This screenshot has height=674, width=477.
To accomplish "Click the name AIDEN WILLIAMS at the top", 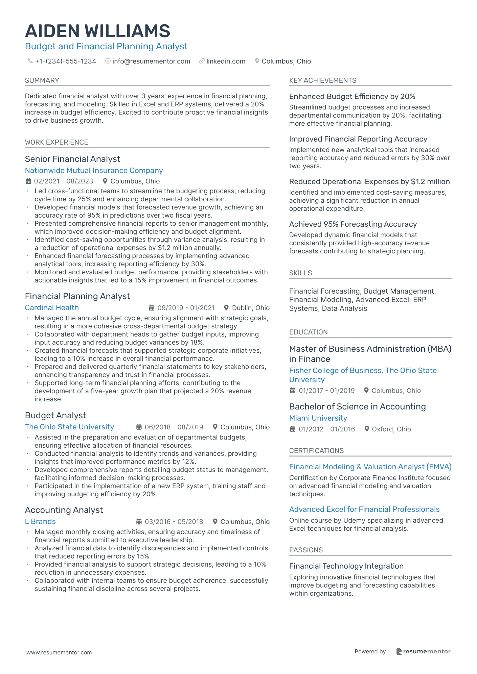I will pos(97,31).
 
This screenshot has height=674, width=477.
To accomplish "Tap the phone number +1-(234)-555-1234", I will pos(65,61).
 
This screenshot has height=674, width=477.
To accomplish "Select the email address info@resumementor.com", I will pos(151,61).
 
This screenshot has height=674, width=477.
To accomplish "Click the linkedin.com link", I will pos(226,61).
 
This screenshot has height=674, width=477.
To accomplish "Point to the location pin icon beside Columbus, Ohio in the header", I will pos(257,61).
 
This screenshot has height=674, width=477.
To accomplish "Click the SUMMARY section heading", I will pos(42,80).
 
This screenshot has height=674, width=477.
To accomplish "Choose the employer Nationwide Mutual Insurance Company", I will pos(94,171).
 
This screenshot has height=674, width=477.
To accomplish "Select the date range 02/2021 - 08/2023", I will pos(63,181).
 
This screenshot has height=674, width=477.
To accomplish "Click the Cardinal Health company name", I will pos(52,308).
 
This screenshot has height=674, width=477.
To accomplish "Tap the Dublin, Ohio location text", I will pos(251,308).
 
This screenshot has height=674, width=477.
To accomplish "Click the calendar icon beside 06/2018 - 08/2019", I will pos(139,427).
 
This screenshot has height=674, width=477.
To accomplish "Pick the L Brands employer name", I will pos(40,522).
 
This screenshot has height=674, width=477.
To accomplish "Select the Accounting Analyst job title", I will pos(64,510).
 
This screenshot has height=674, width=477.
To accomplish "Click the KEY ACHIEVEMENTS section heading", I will pos(322,80).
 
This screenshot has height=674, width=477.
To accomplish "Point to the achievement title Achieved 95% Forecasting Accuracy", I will pos(353,224).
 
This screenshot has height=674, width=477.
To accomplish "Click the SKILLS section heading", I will pos(300,273).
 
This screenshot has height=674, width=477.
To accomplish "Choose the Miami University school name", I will pos(318,418).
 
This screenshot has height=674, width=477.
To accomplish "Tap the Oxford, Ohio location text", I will pos(391,429).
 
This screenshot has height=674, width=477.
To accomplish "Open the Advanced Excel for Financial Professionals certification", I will pos(364,509).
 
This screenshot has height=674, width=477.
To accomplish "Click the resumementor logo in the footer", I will pos(423,651).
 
